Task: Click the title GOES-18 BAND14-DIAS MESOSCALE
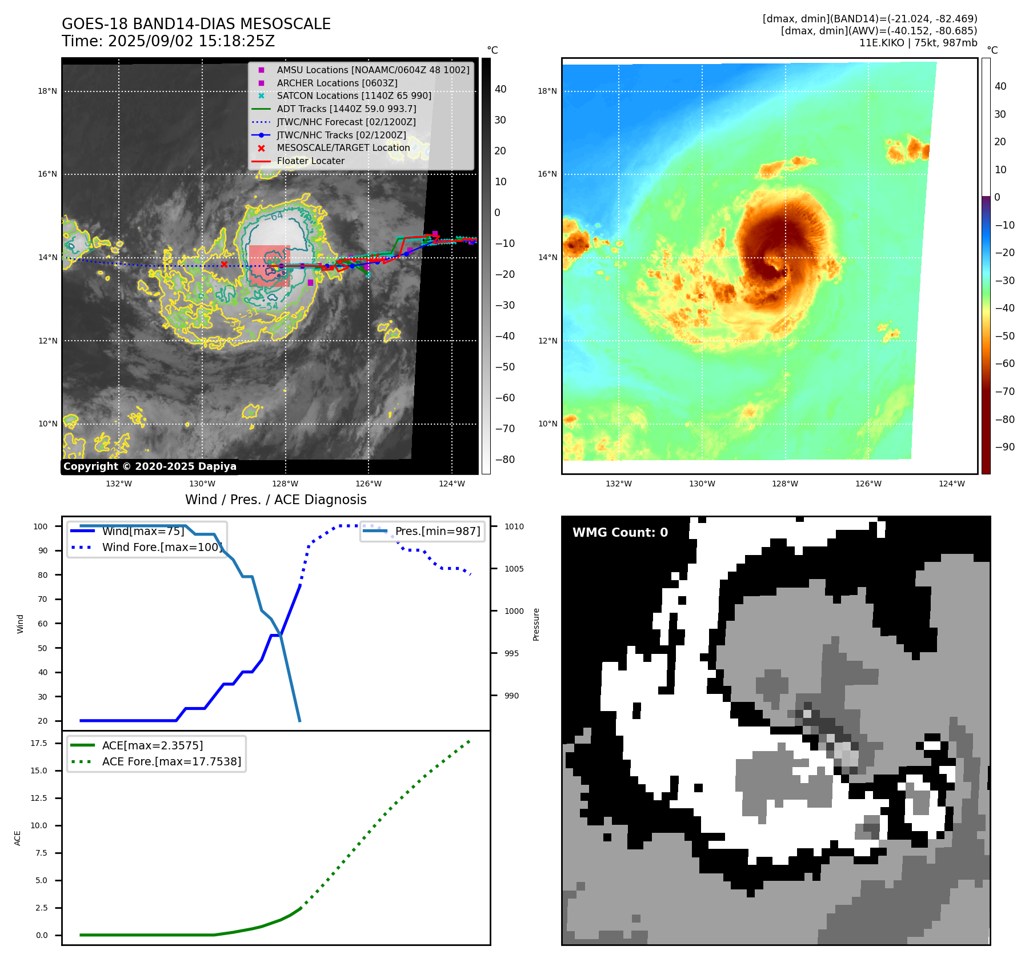(196, 24)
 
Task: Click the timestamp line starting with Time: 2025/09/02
(168, 41)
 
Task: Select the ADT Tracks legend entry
(346, 109)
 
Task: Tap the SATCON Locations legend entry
(354, 95)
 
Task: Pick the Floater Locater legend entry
(310, 161)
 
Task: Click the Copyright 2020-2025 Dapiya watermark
(150, 466)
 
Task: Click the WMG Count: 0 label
(620, 533)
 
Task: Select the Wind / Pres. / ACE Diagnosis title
(275, 500)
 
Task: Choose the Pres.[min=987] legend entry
(437, 531)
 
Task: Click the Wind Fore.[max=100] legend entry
(162, 547)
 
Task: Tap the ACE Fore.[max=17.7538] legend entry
(171, 761)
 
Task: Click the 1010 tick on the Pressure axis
(514, 526)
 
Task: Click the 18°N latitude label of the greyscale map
(47, 91)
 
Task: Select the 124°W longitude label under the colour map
(951, 484)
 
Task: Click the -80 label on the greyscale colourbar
(505, 460)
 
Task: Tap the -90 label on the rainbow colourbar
(1004, 447)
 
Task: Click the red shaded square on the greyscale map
(269, 266)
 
